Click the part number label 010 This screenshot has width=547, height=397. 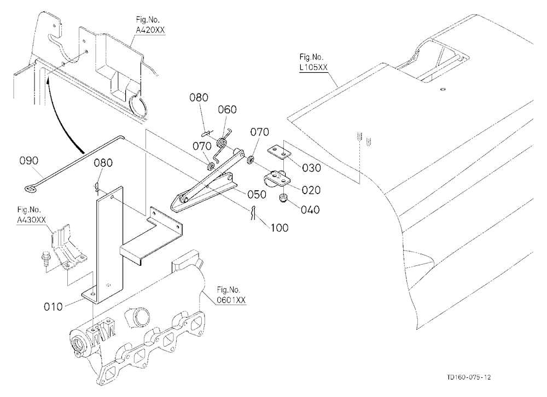[x=54, y=307]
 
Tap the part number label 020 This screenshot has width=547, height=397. [x=311, y=190]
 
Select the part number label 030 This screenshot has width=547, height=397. [x=312, y=168]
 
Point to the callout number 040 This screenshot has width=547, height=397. [x=310, y=209]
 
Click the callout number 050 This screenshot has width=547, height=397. [x=257, y=194]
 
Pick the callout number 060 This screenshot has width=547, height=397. [x=228, y=109]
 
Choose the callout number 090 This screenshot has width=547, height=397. [x=29, y=161]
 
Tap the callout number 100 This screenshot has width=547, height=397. [x=280, y=228]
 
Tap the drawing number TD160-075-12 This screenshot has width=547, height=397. [x=469, y=377]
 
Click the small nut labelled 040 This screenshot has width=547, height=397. [x=283, y=198]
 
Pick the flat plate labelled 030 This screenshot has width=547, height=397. [x=279, y=152]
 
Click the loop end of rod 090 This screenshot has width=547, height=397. [x=30, y=189]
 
